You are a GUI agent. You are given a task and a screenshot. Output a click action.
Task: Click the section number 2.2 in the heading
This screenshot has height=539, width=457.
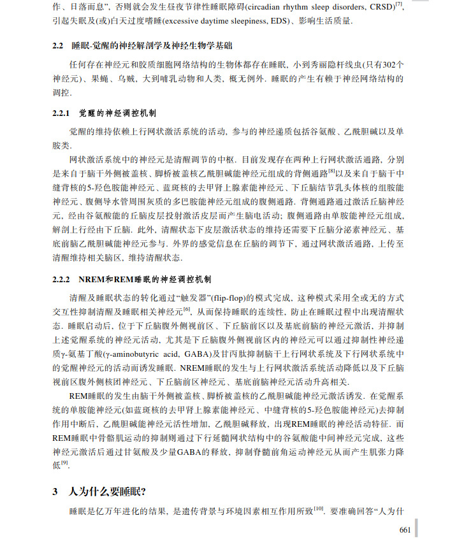point(58,47)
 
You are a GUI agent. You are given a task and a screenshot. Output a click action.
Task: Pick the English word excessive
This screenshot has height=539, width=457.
point(187,22)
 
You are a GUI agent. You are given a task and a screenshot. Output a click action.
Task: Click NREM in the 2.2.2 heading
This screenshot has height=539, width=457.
point(91,278)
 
